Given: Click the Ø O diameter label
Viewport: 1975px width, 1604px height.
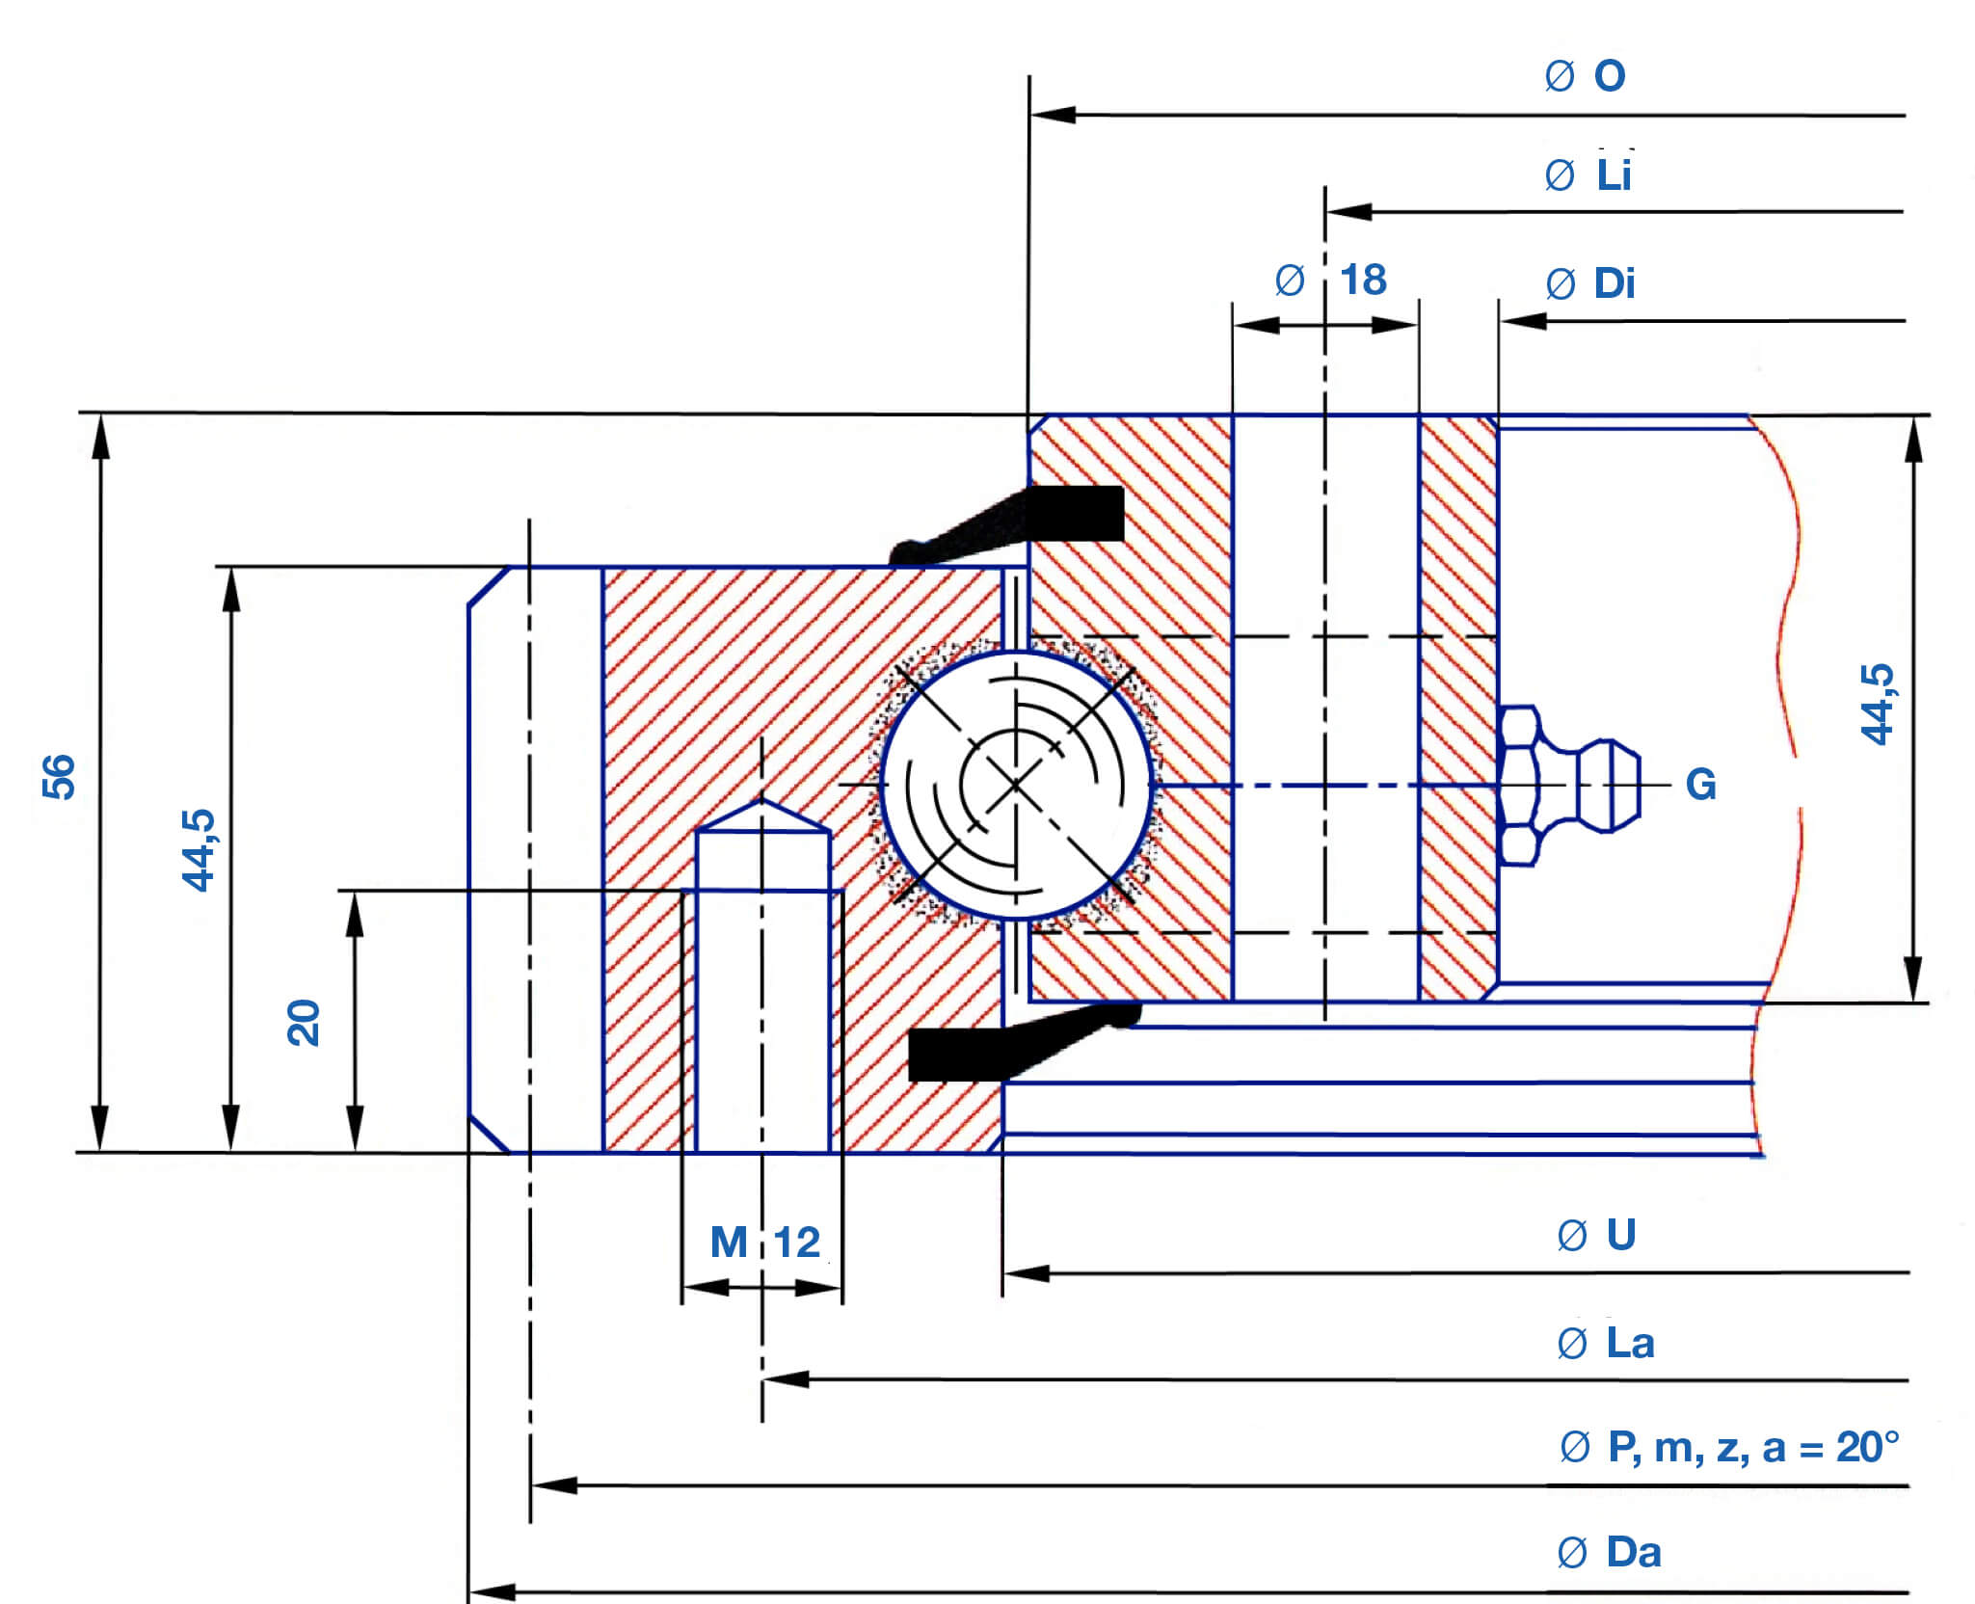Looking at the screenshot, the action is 1585,75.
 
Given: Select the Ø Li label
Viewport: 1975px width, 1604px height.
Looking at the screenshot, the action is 1588,174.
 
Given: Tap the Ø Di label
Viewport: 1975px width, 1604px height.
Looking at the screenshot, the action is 1590,283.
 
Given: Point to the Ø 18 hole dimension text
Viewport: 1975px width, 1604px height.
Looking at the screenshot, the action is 1330,280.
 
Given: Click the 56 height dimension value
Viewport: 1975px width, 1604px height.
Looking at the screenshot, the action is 59,776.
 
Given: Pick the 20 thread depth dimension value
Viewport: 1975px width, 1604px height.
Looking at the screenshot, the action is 304,1023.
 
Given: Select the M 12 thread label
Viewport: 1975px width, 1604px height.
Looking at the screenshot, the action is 765,1242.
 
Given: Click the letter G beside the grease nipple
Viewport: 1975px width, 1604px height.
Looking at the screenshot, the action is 1700,785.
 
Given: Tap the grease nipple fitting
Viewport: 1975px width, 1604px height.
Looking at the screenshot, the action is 1567,786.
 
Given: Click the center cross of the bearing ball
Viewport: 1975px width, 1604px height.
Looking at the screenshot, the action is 1016,785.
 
